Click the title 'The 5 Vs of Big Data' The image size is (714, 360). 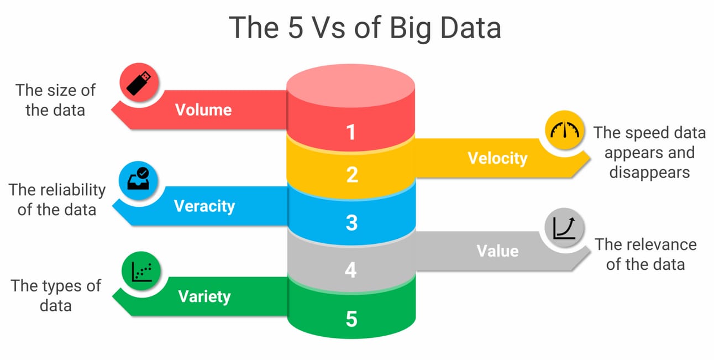click(365, 28)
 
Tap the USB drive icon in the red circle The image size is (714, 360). click(139, 81)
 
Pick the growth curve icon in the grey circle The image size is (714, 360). click(564, 227)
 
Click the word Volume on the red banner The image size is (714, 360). click(203, 109)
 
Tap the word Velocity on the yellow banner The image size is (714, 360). click(497, 158)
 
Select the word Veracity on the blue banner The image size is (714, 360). click(204, 206)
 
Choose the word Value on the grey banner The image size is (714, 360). click(497, 251)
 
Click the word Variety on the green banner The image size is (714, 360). click(204, 296)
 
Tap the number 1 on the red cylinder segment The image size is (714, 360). click(351, 132)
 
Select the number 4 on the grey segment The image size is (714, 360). click(351, 270)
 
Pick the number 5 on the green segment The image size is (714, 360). click(351, 319)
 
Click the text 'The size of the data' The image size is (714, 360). click(55, 100)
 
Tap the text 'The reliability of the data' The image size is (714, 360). click(57, 200)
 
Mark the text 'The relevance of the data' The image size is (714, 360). click(645, 254)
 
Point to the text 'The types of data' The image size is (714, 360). click(56, 295)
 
